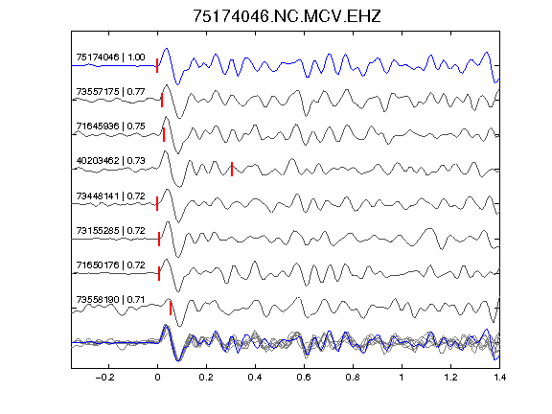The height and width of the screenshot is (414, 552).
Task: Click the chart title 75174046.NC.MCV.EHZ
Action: (287, 16)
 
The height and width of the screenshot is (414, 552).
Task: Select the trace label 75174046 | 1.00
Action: (110, 57)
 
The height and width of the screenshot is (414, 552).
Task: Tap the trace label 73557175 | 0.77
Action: (110, 92)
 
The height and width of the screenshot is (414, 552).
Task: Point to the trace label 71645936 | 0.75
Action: (110, 126)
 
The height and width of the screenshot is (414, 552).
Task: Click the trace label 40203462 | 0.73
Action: (110, 161)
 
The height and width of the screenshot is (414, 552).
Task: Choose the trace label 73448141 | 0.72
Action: (110, 195)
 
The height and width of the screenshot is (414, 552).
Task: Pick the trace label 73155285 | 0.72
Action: (110, 231)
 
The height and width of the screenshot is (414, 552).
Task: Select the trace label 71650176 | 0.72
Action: (110, 264)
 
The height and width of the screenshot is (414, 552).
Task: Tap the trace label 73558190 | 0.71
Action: (110, 300)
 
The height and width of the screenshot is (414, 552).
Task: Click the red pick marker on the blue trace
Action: (157, 66)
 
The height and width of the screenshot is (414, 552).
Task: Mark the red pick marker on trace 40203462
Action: (232, 169)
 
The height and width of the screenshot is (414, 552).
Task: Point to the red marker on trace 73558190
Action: (171, 308)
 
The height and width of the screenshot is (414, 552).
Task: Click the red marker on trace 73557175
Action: (162, 100)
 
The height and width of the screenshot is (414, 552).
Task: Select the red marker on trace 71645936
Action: (164, 135)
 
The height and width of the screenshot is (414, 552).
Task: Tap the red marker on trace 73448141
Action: (157, 203)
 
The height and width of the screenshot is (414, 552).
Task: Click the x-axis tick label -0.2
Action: (104, 378)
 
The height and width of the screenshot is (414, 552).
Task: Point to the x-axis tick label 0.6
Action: (304, 378)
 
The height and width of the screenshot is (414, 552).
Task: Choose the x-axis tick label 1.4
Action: (499, 378)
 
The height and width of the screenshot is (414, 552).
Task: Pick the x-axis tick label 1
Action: (402, 378)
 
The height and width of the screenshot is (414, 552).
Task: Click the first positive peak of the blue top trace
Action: (167, 49)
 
